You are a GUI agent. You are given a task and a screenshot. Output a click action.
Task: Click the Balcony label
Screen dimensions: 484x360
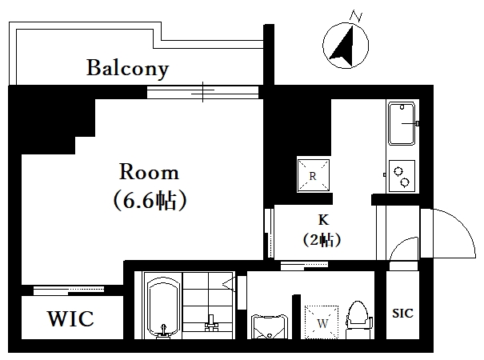pyautogui.click(x=127, y=69)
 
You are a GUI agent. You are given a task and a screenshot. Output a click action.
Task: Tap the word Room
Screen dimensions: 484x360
pyautogui.click(x=149, y=172)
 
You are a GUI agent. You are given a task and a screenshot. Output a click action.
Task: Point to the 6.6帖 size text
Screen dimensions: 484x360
pyautogui.click(x=150, y=200)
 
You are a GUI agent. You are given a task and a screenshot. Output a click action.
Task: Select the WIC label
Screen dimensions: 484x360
pyautogui.click(x=70, y=318)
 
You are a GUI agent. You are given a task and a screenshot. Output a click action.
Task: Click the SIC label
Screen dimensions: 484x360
pyautogui.click(x=402, y=314)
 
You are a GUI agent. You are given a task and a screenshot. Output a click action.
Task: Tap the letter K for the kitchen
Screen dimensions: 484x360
pyautogui.click(x=323, y=220)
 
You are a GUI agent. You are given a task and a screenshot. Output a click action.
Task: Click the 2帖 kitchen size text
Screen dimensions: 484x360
pyautogui.click(x=322, y=239)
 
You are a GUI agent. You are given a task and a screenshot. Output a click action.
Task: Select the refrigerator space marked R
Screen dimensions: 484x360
pyautogui.click(x=313, y=176)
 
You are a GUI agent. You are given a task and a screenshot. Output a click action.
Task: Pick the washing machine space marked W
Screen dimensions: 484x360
pyautogui.click(x=322, y=322)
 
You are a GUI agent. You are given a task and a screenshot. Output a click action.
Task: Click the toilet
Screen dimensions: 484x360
pyautogui.click(x=358, y=319)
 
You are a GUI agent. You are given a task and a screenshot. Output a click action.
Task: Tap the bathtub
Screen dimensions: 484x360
pyautogui.click(x=163, y=309)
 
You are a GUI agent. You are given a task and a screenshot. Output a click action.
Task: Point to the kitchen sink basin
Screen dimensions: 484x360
pyautogui.click(x=402, y=124)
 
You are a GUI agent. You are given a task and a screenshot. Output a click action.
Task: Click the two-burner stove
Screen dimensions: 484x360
pyautogui.click(x=402, y=176)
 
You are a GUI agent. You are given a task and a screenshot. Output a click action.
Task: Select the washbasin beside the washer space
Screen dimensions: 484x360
pyautogui.click(x=269, y=327)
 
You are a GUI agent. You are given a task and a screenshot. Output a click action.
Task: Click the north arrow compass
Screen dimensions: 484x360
pyautogui.click(x=346, y=46)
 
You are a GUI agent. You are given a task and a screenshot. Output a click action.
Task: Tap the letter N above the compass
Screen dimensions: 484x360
pyautogui.click(x=356, y=16)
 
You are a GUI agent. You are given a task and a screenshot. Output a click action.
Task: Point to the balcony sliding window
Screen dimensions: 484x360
pyautogui.click(x=202, y=92)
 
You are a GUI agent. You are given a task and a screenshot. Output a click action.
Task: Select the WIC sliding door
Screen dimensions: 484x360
pyautogui.click(x=69, y=290)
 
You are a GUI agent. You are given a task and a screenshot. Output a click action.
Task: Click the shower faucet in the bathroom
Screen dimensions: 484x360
pyautogui.click(x=211, y=323)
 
